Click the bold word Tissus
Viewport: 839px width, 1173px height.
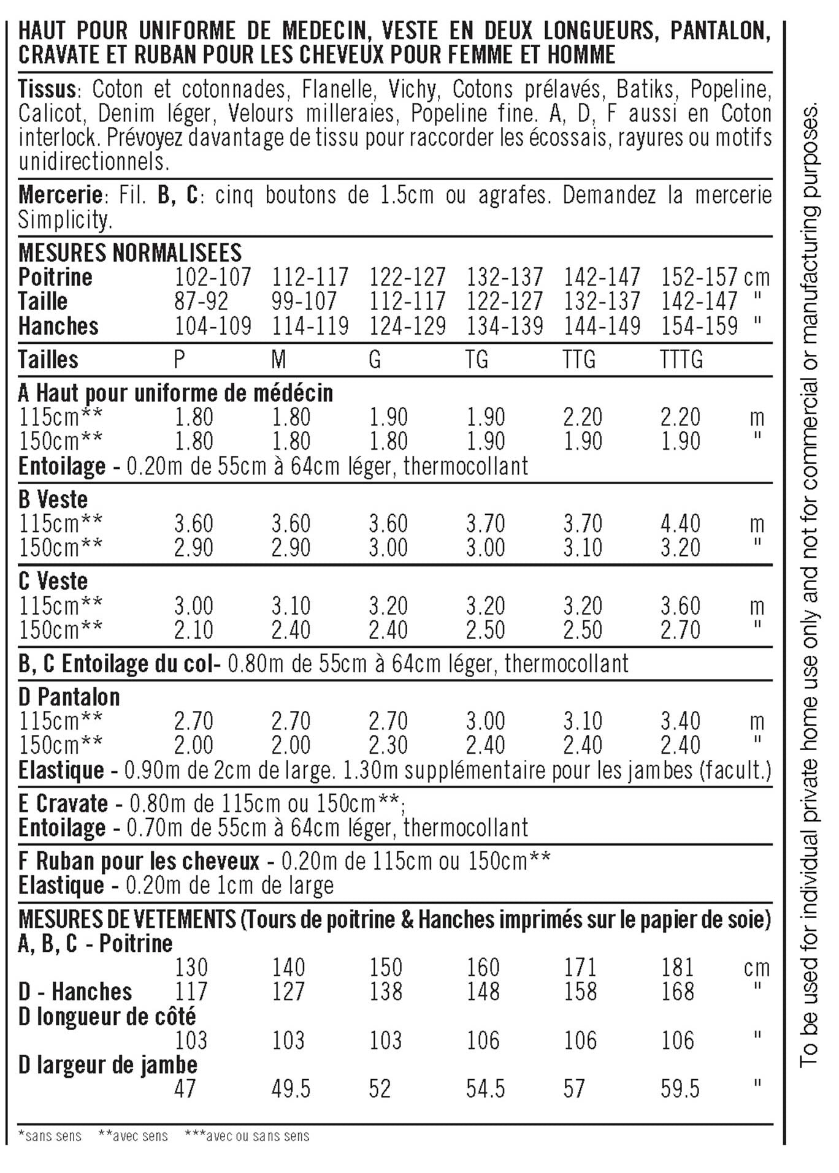[47, 89]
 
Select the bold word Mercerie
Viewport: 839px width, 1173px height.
[59, 195]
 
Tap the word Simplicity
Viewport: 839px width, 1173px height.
[65, 220]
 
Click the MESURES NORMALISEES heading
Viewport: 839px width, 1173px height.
[130, 252]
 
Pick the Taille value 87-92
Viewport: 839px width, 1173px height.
[202, 302]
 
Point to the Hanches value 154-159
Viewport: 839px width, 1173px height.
[699, 326]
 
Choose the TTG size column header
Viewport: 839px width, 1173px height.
[580, 359]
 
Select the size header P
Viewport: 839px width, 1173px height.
[179, 359]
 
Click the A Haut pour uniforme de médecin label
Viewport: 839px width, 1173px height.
[175, 393]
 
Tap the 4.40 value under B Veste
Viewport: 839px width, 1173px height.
[680, 524]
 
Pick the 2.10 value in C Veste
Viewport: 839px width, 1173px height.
[194, 630]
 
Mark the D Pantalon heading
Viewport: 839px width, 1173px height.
[69, 697]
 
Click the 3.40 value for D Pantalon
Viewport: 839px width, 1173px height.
[680, 721]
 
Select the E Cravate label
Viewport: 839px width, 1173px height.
[63, 803]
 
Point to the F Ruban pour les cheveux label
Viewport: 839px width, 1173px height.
[139, 861]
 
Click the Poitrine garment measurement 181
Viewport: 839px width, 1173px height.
[677, 968]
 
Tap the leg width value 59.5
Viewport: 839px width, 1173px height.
[680, 1089]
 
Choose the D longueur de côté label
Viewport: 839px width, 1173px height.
[107, 1017]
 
